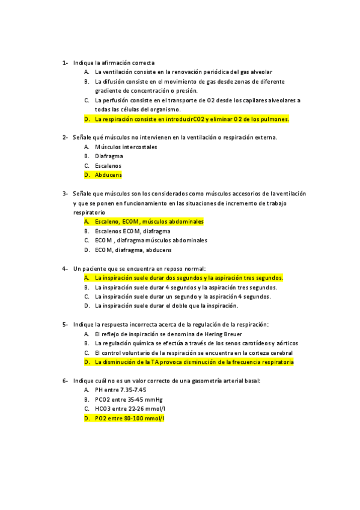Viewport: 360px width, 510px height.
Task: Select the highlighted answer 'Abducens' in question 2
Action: point(108,175)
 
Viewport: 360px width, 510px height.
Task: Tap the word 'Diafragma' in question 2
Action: point(109,156)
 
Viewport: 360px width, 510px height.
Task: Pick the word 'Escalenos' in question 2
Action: point(108,165)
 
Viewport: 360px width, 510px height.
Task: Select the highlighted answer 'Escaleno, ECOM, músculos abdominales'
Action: point(149,221)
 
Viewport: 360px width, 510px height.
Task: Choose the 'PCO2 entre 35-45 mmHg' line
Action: point(129,399)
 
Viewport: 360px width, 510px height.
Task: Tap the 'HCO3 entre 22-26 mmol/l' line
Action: point(130,408)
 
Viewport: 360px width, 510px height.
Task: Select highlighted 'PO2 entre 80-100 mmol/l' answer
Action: point(129,418)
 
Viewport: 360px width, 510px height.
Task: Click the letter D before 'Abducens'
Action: point(87,175)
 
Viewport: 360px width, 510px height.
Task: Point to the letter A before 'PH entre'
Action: point(87,390)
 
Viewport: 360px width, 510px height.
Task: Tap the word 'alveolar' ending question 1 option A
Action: point(260,72)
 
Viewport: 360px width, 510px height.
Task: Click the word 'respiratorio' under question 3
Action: point(89,212)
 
